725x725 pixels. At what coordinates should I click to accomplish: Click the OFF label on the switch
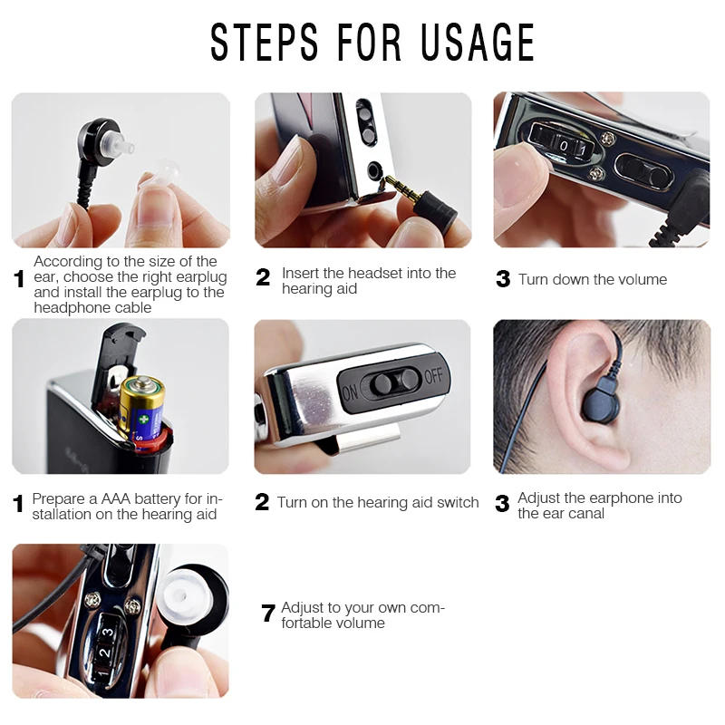click(x=434, y=377)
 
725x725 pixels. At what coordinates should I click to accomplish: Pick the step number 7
click(x=267, y=614)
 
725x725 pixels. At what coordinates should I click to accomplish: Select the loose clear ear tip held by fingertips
click(x=164, y=173)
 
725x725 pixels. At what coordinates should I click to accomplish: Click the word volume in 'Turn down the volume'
click(x=639, y=279)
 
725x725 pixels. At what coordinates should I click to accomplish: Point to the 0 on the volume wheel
click(x=564, y=145)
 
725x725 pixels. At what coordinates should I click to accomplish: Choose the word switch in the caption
click(x=457, y=502)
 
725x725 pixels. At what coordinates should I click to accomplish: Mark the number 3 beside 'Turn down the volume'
click(x=503, y=279)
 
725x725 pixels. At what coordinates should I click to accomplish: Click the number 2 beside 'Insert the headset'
click(x=263, y=278)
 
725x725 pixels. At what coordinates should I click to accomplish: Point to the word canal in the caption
click(x=586, y=513)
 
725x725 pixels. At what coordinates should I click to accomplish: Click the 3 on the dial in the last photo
click(x=106, y=633)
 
